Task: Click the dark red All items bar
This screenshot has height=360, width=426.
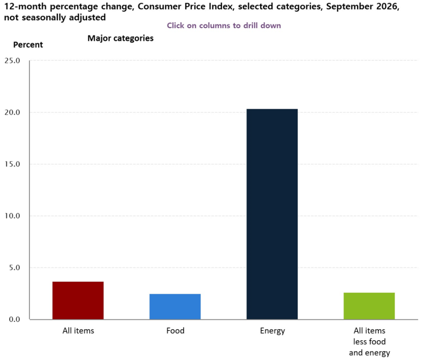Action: point(78,300)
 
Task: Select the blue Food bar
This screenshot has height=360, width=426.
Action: point(175,307)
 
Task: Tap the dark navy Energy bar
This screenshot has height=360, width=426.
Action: point(272,214)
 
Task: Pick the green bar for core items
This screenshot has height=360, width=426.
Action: point(369,306)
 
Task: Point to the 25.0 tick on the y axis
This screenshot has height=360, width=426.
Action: point(12,60)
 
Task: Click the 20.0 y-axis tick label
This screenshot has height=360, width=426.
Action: point(12,112)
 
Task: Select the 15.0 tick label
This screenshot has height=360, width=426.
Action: point(12,164)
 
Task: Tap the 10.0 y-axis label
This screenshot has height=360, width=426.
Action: point(12,216)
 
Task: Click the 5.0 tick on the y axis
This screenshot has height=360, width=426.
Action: point(15,268)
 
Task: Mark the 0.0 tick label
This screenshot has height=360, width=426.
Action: point(15,319)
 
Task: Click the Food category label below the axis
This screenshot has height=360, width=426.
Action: point(175,330)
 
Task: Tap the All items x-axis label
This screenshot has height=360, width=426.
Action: point(78,330)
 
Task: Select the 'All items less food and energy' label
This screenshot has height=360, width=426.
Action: point(370,342)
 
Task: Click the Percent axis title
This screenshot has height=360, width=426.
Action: point(28,45)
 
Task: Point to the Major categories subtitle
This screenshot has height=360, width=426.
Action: point(120,38)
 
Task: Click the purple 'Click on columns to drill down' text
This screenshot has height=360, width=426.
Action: point(224,26)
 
